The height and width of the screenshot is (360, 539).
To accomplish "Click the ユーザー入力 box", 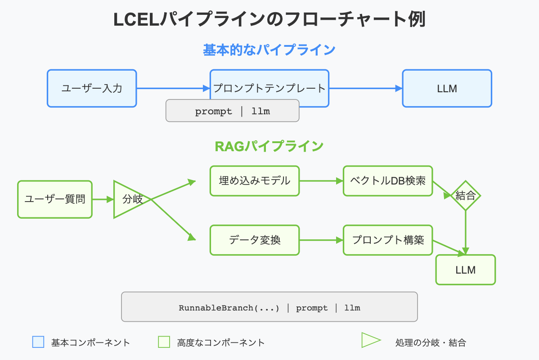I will tap(92, 88).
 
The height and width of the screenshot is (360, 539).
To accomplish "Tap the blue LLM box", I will tap(447, 88).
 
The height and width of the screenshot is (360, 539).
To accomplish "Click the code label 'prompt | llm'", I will tap(232, 111).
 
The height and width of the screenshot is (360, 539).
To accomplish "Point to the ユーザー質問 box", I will tap(55, 199).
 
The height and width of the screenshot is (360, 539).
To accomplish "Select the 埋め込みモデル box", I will tap(254, 181).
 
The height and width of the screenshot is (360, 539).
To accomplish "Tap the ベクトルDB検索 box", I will tap(387, 181).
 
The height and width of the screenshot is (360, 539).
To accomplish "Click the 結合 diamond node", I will tap(466, 196).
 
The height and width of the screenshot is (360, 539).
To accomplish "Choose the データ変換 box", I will tap(254, 240).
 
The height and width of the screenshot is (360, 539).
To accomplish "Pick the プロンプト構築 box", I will tap(387, 240).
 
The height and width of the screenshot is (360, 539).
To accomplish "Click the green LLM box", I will tap(465, 270).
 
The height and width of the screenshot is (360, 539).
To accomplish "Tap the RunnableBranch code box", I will tap(269, 307).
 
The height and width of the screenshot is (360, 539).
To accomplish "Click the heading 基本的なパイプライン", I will tap(269, 49).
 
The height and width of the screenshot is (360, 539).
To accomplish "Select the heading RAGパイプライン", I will tap(269, 146).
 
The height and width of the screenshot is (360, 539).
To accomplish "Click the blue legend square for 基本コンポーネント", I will tap(38, 342).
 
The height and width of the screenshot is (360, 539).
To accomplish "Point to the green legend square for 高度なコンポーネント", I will tap(164, 342).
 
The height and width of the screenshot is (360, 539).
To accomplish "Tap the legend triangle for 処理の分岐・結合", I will tap(370, 340).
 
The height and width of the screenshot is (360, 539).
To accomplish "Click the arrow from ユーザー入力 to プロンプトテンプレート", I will tap(173, 89).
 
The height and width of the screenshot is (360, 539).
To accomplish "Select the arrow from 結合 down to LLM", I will tap(466, 232).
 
